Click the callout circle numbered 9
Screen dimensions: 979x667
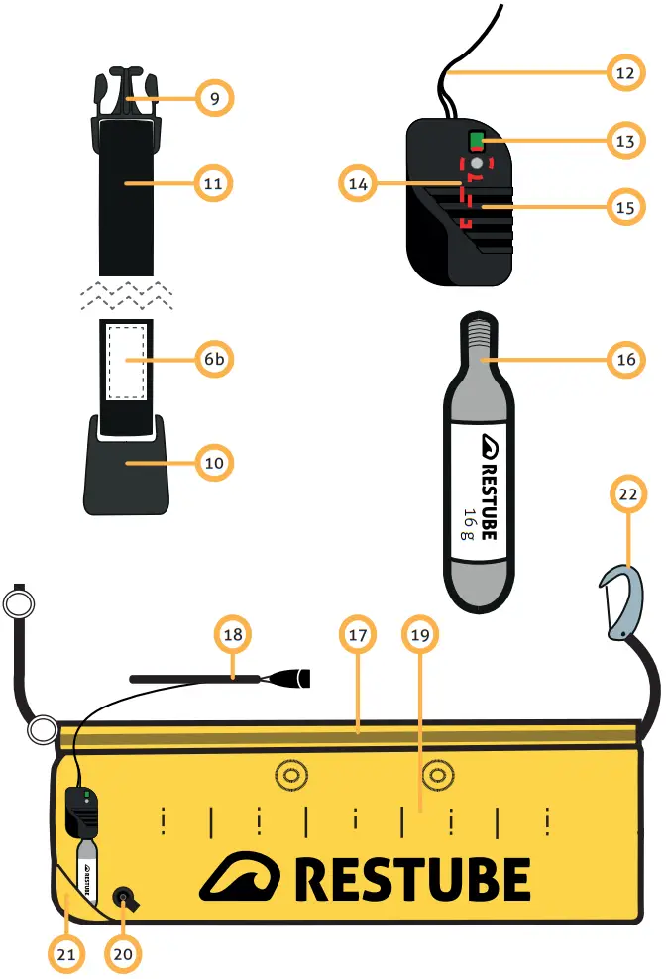(213, 98)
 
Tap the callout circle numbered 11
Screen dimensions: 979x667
(213, 183)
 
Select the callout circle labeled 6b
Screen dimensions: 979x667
(213, 361)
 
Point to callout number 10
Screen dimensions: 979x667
(213, 461)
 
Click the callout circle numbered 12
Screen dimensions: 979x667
(625, 71)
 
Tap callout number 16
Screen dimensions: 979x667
(625, 361)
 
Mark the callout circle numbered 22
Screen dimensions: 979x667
(628, 493)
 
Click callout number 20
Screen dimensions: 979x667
(123, 953)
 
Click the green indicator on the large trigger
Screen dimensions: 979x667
(477, 140)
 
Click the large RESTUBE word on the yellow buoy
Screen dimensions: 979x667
(411, 879)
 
